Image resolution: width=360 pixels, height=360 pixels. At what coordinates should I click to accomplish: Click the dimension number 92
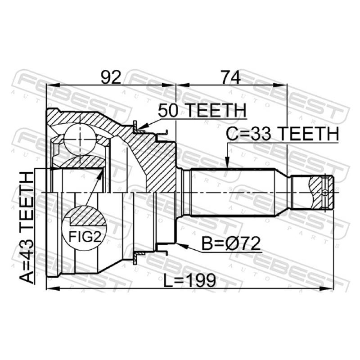(x=111, y=77)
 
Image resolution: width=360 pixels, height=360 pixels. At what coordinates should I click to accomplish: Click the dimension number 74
(x=230, y=77)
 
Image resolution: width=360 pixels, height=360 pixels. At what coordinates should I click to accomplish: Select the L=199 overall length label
(x=189, y=280)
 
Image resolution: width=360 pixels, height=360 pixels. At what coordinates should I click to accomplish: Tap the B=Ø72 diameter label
(x=231, y=243)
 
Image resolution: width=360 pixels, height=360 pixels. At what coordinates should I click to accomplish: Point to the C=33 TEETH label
(x=283, y=134)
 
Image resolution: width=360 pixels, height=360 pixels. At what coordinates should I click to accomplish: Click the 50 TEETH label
(x=202, y=110)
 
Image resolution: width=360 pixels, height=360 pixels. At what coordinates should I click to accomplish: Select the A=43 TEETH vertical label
(x=27, y=228)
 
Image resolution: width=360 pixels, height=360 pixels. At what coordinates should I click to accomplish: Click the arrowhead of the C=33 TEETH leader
(x=227, y=164)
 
